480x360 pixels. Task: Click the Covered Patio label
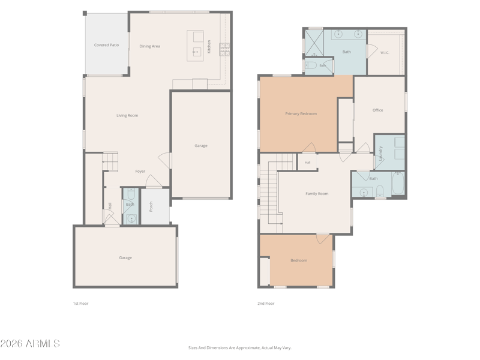[106, 45]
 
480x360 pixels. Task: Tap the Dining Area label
[149, 46]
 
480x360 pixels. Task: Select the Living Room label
[127, 115]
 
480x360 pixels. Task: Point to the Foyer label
[140, 171]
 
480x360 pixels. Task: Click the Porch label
[151, 206]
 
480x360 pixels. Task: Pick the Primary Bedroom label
[301, 113]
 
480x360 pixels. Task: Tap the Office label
[378, 110]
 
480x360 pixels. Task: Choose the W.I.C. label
[385, 53]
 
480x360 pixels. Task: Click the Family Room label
[317, 193]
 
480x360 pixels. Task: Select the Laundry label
[380, 154]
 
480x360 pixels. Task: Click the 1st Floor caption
[80, 304]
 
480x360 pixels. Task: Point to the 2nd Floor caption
[266, 304]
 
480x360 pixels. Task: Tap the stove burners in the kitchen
[224, 50]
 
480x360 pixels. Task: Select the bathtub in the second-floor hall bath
[398, 183]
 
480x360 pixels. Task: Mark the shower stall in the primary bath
[314, 43]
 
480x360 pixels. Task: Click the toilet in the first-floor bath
[131, 193]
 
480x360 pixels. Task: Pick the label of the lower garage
[125, 258]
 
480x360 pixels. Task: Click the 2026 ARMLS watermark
[30, 343]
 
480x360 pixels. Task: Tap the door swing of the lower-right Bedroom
[322, 238]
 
